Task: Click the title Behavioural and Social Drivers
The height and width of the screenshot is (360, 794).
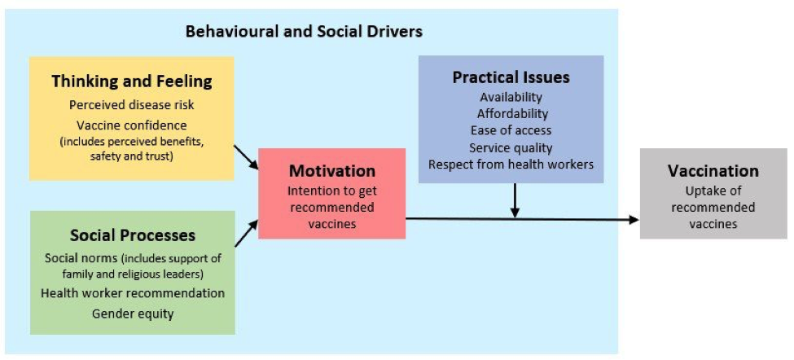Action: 304,32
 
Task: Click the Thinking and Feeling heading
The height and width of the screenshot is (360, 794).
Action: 132,81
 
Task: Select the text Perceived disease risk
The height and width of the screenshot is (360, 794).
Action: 132,105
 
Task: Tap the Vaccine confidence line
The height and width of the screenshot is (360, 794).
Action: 132,125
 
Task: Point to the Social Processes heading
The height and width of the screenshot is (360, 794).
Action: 133,235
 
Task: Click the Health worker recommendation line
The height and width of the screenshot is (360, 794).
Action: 133,293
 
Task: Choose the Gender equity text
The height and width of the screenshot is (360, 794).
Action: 133,314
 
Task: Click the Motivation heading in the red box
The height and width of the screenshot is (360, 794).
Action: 332,170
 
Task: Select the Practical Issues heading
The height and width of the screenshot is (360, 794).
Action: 511,77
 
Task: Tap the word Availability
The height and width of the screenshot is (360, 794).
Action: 511,97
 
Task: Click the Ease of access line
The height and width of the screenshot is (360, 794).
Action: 511,130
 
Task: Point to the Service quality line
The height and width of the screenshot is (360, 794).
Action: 511,147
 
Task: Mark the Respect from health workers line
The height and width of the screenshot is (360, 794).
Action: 511,165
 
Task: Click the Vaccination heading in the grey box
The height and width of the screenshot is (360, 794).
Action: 713,170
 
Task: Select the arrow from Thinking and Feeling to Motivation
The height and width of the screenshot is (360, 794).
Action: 246,157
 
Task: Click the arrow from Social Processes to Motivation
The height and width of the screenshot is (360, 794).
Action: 247,234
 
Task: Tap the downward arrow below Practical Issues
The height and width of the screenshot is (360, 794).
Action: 515,200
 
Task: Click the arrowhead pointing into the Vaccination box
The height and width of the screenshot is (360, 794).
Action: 634,220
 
